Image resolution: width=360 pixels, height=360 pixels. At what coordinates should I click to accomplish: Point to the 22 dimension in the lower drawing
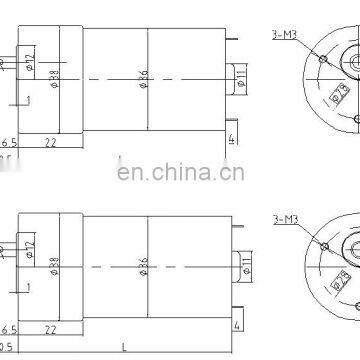[x=50, y=331]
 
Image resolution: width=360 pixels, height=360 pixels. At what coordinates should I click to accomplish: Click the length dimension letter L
[x=123, y=348]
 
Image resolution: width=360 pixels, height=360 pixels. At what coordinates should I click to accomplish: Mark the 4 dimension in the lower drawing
[x=237, y=326]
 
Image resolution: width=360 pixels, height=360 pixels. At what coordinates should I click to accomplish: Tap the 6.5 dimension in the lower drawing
[x=9, y=331]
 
